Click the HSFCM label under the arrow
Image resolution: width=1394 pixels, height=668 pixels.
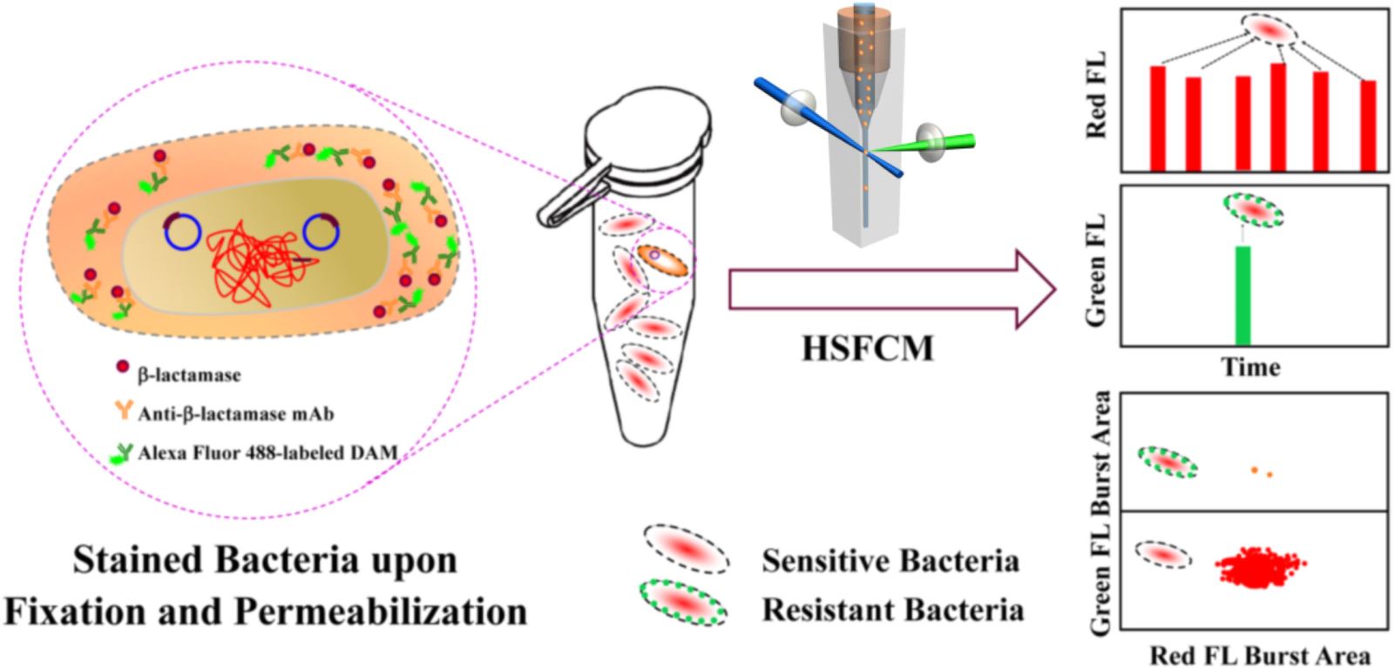(867, 348)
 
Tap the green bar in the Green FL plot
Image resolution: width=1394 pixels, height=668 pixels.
(1243, 295)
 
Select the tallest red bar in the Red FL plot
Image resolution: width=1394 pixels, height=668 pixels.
(1278, 117)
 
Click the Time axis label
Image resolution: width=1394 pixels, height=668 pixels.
(1250, 367)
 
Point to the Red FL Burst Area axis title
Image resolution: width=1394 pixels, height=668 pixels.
(1259, 654)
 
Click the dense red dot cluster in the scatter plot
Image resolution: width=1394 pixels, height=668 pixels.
(1255, 569)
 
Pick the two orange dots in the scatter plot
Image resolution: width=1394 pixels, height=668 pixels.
(1262, 472)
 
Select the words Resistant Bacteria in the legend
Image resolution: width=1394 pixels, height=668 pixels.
(892, 609)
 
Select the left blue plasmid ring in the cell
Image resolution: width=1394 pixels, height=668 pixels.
(183, 233)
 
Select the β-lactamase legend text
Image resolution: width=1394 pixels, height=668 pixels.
(189, 376)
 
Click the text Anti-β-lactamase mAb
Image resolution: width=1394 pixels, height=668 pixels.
(235, 414)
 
